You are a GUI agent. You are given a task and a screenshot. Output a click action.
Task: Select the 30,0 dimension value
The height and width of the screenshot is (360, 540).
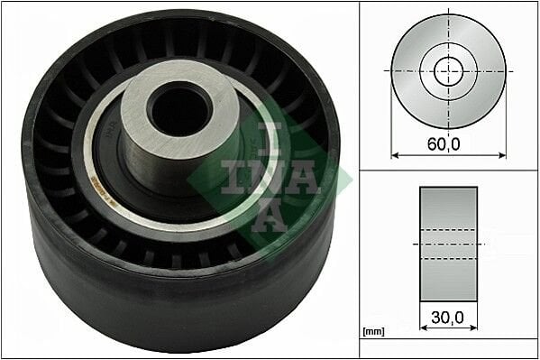[447, 318]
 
